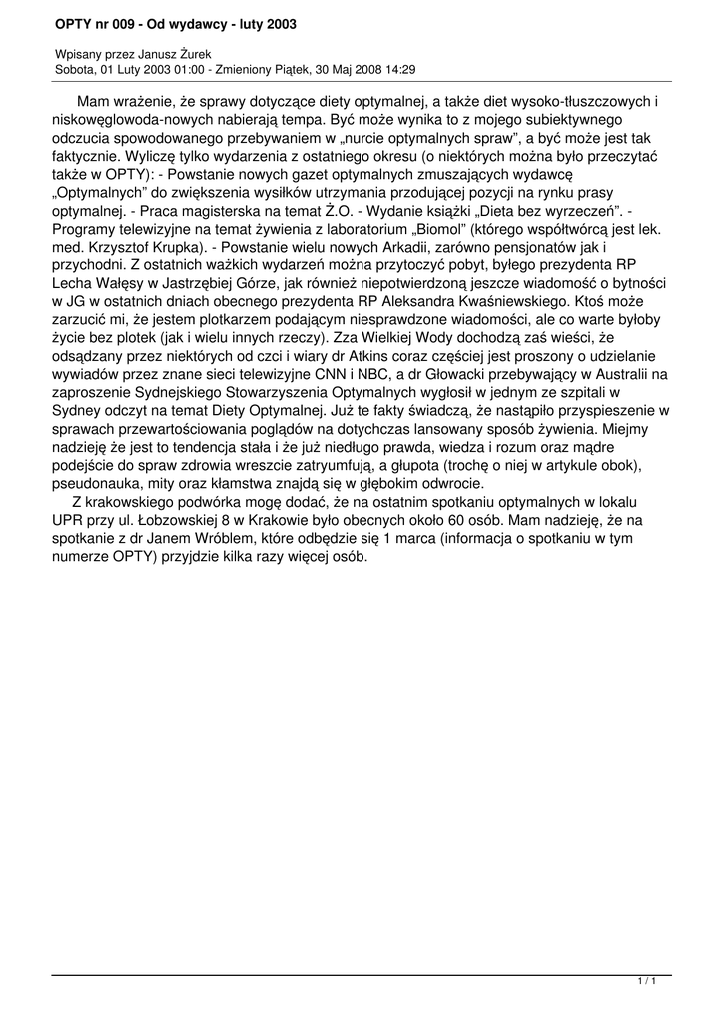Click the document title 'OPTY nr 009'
[100, 22]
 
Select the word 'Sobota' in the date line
[75, 70]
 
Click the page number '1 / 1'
[646, 983]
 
